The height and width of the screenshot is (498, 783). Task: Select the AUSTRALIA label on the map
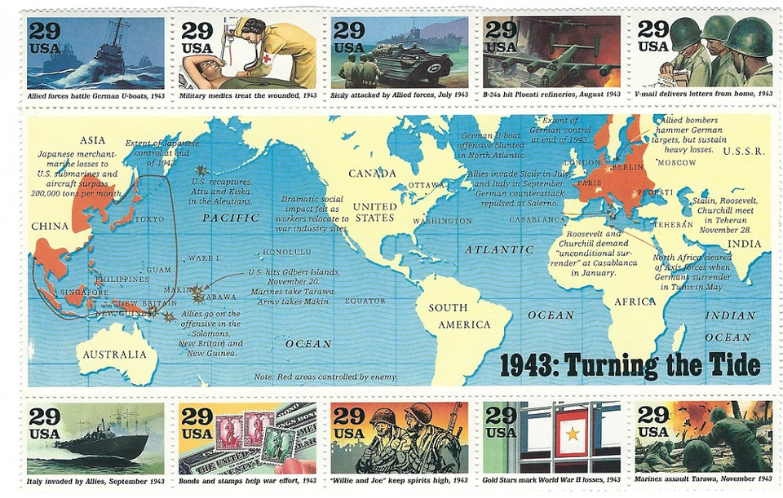(x=116, y=355)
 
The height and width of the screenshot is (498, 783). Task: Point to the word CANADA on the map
(x=372, y=174)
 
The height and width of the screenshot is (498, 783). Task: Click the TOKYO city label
(x=148, y=219)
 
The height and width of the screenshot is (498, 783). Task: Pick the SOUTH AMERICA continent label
(x=460, y=316)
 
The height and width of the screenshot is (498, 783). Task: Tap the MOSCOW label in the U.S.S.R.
(x=676, y=162)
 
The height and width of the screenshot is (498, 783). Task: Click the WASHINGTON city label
(x=442, y=221)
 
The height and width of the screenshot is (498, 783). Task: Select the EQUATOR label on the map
(x=365, y=301)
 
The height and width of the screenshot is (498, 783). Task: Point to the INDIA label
(x=745, y=244)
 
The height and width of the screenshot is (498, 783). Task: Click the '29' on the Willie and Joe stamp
(x=348, y=415)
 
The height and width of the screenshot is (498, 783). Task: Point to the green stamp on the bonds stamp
(x=279, y=444)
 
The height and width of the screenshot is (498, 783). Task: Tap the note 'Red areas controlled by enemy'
(x=325, y=377)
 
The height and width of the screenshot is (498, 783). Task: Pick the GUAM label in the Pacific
(x=158, y=270)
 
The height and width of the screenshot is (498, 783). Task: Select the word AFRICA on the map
(x=635, y=302)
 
